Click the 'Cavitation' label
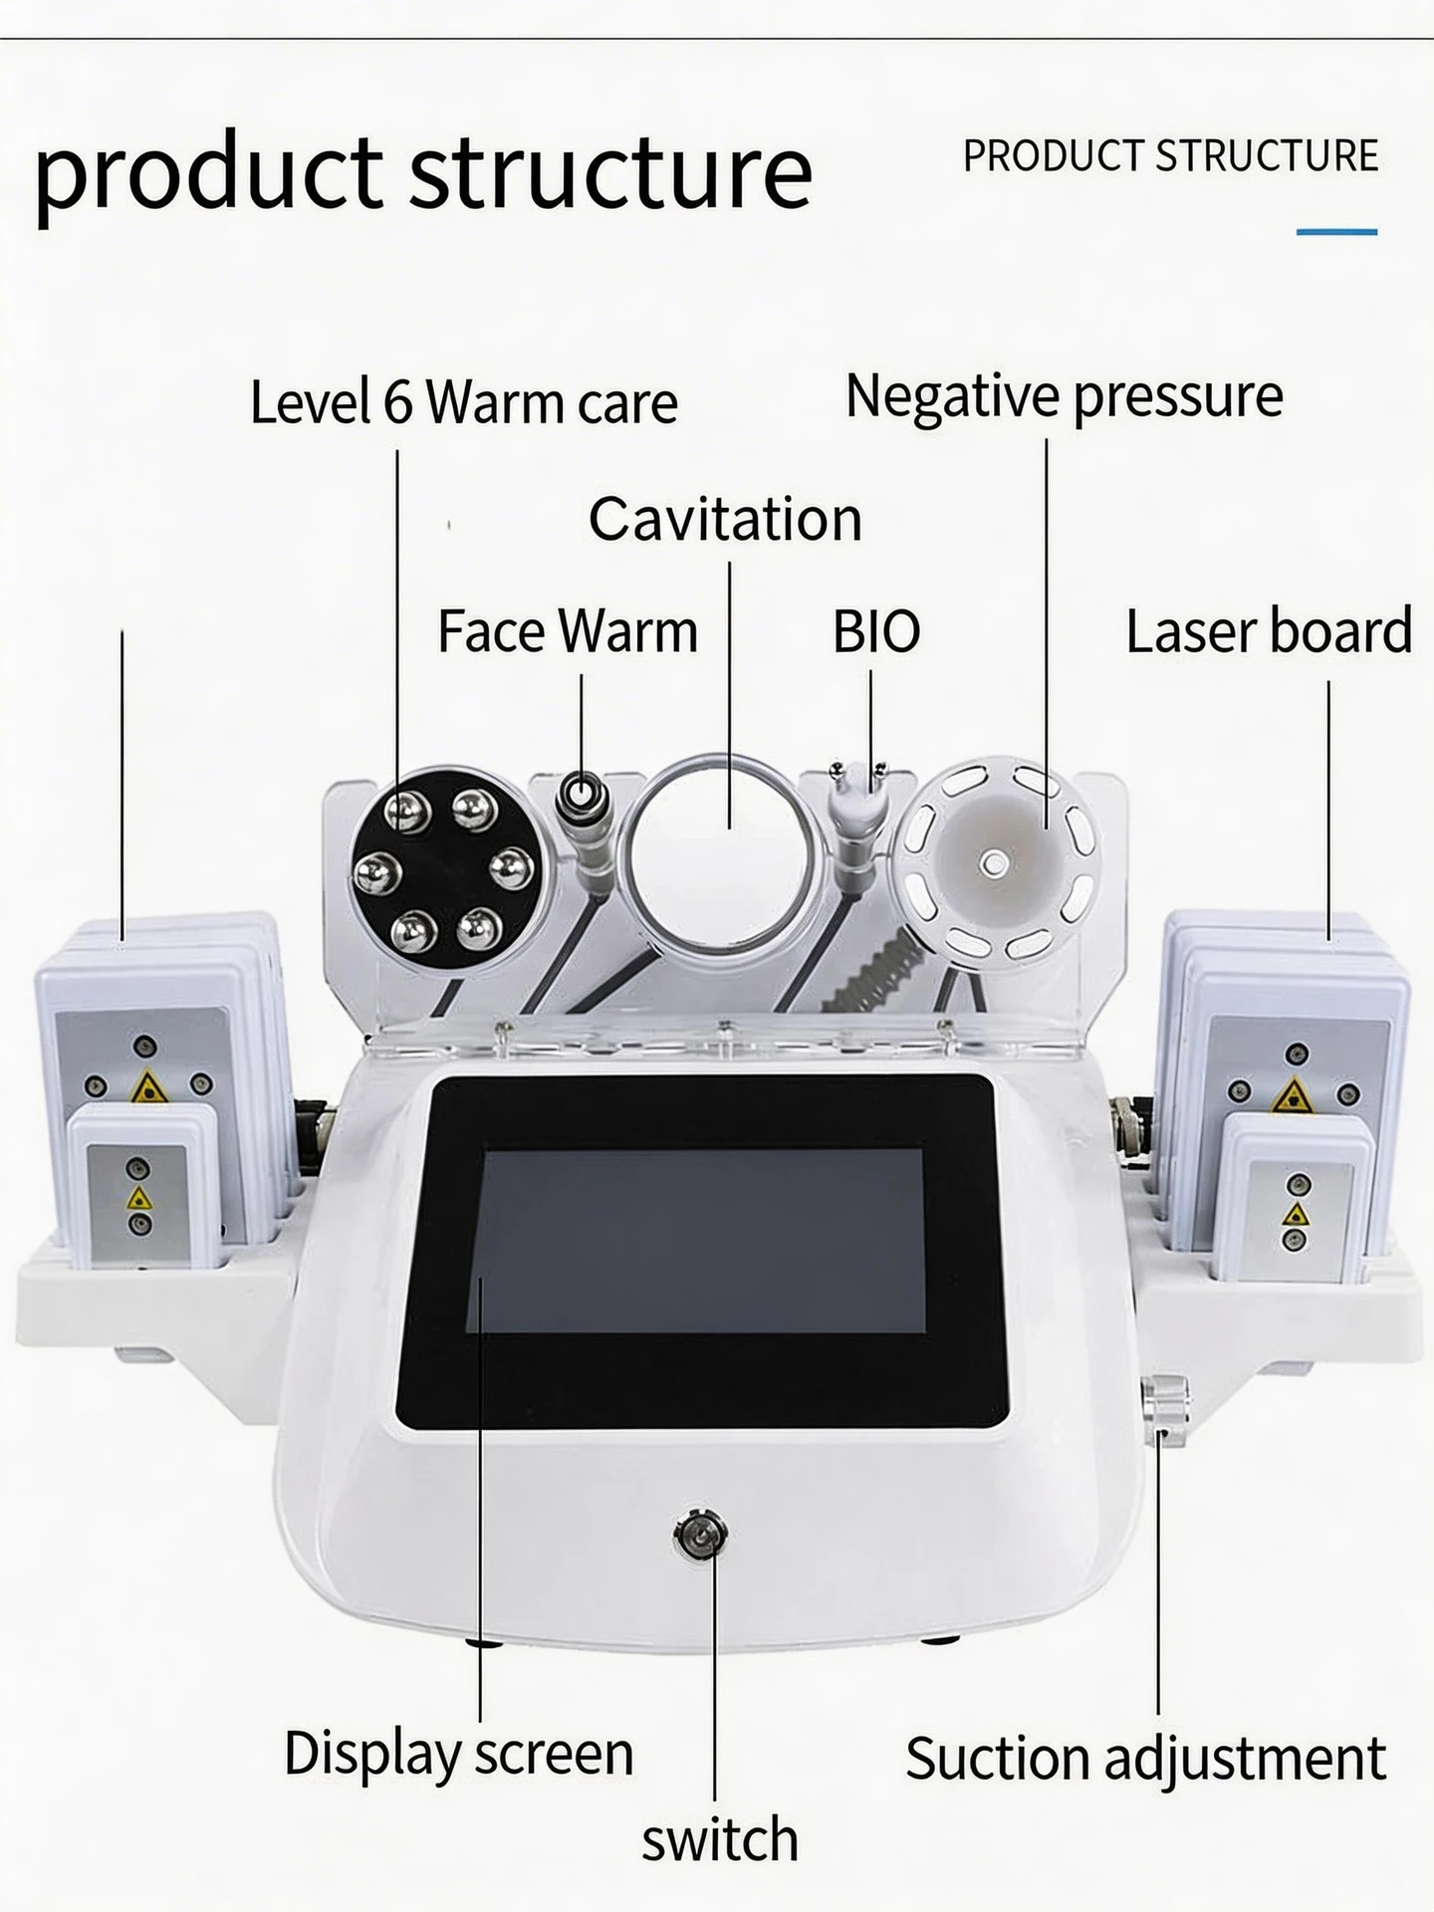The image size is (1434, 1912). [725, 519]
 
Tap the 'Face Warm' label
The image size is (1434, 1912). [568, 631]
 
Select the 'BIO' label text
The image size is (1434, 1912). [876, 631]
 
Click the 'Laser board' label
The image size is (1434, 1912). [1269, 631]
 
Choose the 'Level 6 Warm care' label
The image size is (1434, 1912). [464, 402]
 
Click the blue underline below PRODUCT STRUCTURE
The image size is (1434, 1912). [1336, 232]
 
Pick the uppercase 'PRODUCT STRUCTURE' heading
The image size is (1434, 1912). [1171, 156]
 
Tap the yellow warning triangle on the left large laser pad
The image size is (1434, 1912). [147, 1087]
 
